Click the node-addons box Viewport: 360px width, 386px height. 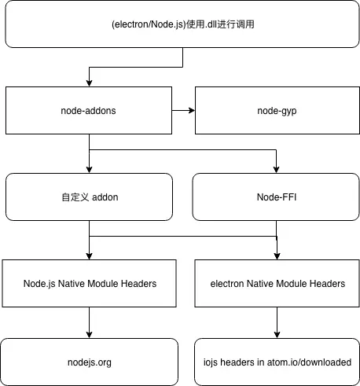pos(89,110)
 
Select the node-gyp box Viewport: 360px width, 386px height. pos(277,110)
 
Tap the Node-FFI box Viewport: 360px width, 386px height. pos(276,197)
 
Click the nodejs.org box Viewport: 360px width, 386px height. pos(90,362)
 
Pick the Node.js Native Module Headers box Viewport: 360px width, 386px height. pos(89,283)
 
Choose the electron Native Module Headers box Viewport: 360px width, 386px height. pos(277,283)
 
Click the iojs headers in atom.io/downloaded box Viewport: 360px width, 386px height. pos(277,362)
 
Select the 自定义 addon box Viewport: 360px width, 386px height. pos(89,197)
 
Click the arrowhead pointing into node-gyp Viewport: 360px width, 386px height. pos(192,110)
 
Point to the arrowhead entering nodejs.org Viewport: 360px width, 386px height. pos(89,335)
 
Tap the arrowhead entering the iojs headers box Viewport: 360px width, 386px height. pos(277,335)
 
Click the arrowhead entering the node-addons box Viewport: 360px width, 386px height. pos(89,83)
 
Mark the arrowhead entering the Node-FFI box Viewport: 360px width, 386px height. pos(276,170)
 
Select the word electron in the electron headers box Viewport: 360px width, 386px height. pos(227,284)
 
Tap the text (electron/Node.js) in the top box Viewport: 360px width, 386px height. pos(149,24)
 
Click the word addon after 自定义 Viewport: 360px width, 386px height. pos(105,197)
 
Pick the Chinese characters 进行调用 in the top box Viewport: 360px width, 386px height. pos(236,24)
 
